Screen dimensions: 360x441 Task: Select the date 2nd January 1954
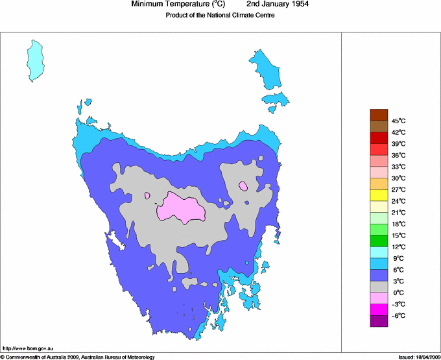pyautogui.click(x=278, y=5)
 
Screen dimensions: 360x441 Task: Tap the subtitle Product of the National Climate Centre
pyautogui.click(x=220, y=16)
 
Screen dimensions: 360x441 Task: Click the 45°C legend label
pyautogui.click(x=398, y=121)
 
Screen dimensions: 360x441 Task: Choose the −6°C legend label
pyautogui.click(x=398, y=315)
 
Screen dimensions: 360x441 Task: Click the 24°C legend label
pyautogui.click(x=398, y=200)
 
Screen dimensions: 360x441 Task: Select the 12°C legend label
pyautogui.click(x=398, y=246)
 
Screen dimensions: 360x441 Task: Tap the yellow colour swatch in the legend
pyautogui.click(x=379, y=195)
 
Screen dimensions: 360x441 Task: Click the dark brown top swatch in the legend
pyautogui.click(x=379, y=115)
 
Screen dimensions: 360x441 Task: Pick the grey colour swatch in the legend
pyautogui.click(x=379, y=286)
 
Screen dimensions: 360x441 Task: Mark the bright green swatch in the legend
pyautogui.click(x=379, y=241)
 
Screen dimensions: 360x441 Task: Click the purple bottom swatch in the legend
pyautogui.click(x=379, y=320)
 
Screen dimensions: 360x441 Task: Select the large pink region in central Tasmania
pyautogui.click(x=182, y=208)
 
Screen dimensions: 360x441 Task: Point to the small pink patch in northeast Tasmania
pyautogui.click(x=243, y=186)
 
